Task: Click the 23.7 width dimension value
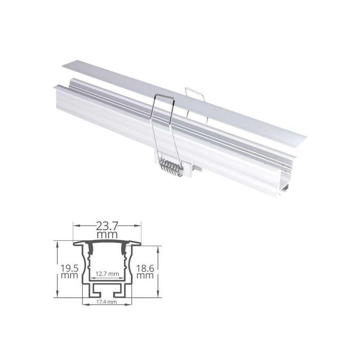pos(107,226)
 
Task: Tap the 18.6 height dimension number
pos(145,268)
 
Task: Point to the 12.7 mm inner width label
pos(107,274)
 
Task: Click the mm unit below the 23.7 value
pos(107,235)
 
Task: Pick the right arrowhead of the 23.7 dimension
pos(138,225)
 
